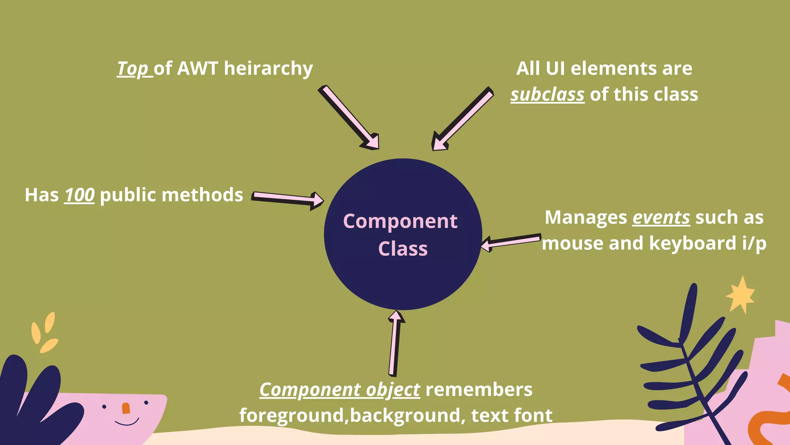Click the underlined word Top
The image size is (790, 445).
pos(132,69)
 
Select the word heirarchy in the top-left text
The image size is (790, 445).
pos(268,69)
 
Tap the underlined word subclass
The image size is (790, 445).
pos(547,95)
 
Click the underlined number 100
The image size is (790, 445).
pos(79,195)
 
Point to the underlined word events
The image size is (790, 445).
pos(661,217)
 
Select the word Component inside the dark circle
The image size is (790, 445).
pos(400,222)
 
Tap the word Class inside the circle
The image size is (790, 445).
pos(403,249)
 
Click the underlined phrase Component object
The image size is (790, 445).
pos(339,390)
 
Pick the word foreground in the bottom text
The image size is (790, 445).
pos(292,416)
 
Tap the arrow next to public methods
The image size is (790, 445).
pos(288,199)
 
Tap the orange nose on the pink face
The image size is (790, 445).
pos(126,408)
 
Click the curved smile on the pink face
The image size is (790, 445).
pos(127,422)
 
